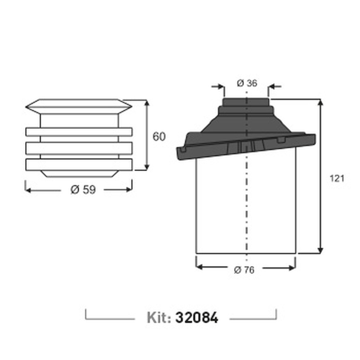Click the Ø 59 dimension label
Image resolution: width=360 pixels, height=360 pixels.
click(83, 190)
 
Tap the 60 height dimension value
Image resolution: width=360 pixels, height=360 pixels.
click(159, 137)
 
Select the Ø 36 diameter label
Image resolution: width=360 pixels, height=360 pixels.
click(247, 83)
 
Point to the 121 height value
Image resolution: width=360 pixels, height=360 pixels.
click(337, 178)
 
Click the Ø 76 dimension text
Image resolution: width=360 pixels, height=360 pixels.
click(244, 270)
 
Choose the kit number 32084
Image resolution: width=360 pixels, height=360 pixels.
click(196, 318)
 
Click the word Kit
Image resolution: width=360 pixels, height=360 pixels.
click(159, 318)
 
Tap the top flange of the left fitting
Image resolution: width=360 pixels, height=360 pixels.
click(79, 107)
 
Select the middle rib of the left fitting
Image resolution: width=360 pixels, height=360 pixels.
click(79, 148)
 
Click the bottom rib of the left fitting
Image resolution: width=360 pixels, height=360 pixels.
click(79, 164)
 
